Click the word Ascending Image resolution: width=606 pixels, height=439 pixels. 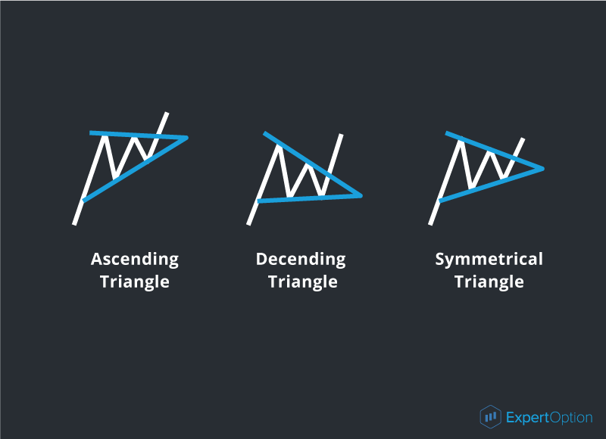135,260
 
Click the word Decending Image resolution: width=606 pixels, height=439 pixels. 301,260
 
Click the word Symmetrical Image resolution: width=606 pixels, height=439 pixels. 489,260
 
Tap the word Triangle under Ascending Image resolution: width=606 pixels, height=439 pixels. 135,282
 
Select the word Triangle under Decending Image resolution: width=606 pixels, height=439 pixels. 302,282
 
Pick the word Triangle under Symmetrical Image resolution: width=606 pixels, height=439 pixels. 489,282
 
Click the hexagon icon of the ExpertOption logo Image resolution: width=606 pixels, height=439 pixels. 490,416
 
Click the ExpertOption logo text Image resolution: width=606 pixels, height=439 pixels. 549,418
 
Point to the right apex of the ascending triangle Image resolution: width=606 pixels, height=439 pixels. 187,138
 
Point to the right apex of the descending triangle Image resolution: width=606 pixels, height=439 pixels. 361,196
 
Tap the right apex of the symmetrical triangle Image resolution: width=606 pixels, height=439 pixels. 542,169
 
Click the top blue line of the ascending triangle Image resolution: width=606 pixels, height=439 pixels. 139,135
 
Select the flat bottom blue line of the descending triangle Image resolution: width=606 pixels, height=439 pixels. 310,198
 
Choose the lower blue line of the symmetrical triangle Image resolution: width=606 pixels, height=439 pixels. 491,185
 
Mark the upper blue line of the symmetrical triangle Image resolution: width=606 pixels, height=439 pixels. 495,151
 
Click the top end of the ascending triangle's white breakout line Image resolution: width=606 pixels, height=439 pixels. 167,113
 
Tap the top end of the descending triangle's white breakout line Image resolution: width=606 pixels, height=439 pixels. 342,135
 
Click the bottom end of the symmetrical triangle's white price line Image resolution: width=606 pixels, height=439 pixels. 430,224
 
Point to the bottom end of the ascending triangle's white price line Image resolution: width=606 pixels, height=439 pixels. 74,224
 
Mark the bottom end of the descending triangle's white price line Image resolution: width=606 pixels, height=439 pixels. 248,224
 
